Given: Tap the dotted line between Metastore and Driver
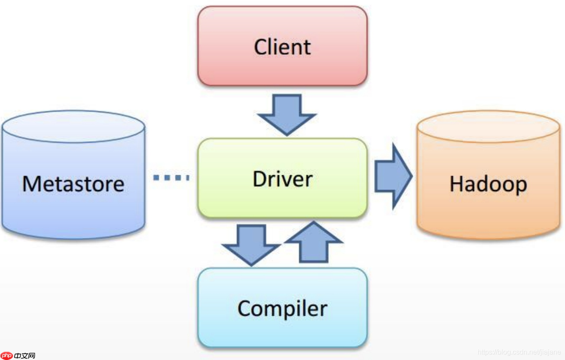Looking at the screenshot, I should [x=171, y=177].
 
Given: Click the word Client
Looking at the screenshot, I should [x=282, y=47].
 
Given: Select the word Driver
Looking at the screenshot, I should [x=282, y=179].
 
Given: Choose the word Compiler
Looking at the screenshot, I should [x=282, y=309].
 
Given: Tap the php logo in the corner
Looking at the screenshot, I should [x=6, y=356].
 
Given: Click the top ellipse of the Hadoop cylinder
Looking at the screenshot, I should [x=488, y=127].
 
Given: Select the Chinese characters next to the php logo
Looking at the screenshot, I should [x=24, y=356].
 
